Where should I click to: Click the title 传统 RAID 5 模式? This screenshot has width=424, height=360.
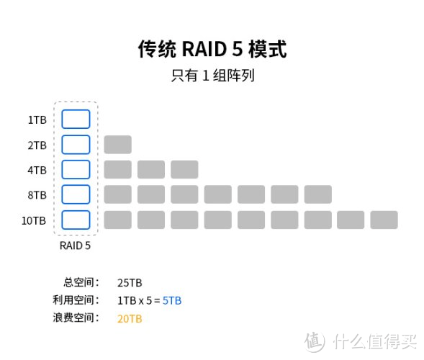click(x=212, y=49)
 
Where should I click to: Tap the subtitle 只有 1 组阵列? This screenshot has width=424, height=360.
click(x=212, y=76)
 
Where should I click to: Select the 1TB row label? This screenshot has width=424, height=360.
click(x=37, y=120)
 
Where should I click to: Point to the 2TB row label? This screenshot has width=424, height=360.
click(x=37, y=145)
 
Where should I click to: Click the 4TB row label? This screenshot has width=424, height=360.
click(x=37, y=170)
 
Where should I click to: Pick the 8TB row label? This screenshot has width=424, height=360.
click(x=37, y=195)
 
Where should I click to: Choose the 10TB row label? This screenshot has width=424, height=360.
click(x=34, y=221)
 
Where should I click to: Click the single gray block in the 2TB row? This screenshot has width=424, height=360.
click(x=118, y=145)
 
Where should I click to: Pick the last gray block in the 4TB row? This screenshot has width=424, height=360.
click(x=184, y=170)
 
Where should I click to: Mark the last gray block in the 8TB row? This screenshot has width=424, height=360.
click(x=318, y=194)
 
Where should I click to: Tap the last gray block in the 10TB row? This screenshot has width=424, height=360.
click(x=384, y=220)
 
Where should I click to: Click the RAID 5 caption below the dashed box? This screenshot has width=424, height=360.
click(x=75, y=246)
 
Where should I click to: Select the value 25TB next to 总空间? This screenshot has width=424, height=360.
click(x=130, y=283)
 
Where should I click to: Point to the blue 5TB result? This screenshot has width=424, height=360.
click(x=172, y=301)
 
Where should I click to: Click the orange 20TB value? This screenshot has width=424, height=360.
click(x=130, y=319)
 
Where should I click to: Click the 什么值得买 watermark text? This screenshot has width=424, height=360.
click(x=375, y=342)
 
